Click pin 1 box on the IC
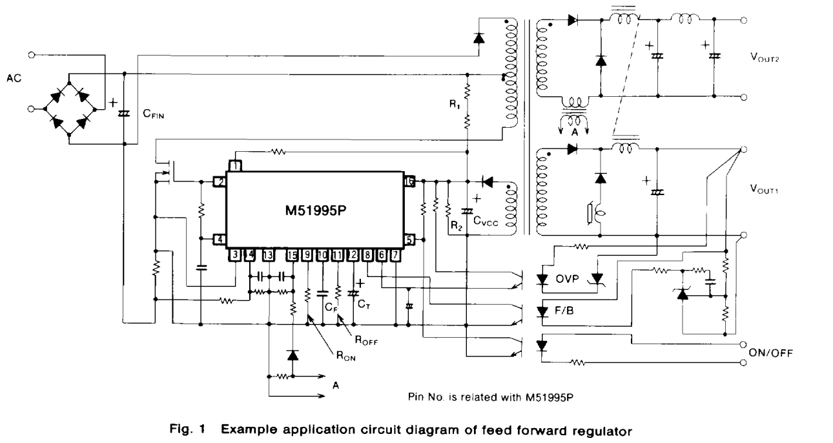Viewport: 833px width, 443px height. (236, 167)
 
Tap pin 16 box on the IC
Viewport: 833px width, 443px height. (409, 181)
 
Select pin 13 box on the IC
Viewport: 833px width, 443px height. (267, 256)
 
